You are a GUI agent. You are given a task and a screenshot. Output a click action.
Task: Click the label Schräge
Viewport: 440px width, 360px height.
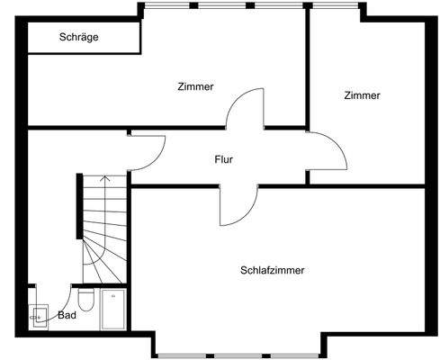(x=78, y=38)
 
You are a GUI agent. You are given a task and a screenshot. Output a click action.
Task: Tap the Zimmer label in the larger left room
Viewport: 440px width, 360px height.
(x=196, y=87)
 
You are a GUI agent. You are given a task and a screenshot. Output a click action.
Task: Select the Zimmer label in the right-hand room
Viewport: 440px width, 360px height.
(x=362, y=95)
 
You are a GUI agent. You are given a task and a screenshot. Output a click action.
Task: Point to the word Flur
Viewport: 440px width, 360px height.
(x=224, y=160)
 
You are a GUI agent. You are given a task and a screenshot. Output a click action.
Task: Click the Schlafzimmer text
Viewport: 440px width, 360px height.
(x=272, y=270)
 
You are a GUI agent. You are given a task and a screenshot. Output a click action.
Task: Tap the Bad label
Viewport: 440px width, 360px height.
(x=67, y=316)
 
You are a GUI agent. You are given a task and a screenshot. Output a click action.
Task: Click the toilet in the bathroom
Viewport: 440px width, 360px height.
(x=86, y=298)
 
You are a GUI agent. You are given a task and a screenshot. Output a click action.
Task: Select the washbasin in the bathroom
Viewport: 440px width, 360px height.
(x=39, y=314)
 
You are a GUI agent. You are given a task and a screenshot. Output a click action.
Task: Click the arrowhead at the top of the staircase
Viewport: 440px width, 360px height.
(x=105, y=178)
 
